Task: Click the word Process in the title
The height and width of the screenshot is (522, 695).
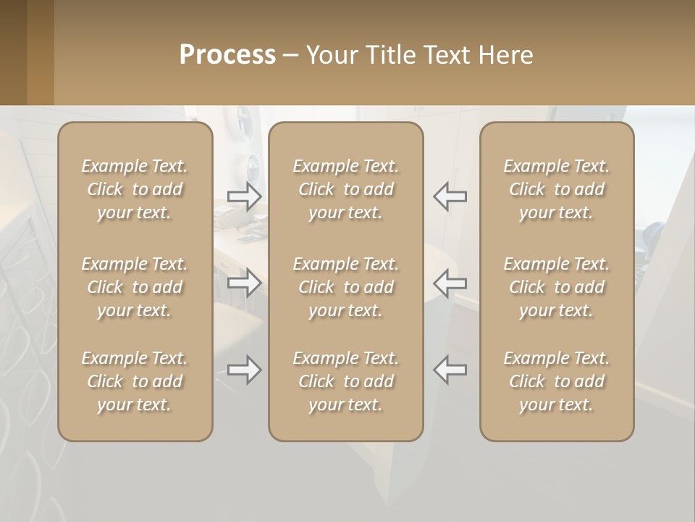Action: [227, 55]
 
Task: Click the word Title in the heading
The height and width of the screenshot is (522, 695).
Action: [391, 55]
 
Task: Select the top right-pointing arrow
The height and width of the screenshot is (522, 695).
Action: [244, 196]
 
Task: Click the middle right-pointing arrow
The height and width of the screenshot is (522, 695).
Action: [244, 282]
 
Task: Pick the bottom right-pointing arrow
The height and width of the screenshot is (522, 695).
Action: [244, 370]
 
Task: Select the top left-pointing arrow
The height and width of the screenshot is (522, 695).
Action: [450, 196]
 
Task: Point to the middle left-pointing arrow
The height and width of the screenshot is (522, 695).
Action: [450, 282]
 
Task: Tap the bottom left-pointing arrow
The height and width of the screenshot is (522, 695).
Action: [450, 370]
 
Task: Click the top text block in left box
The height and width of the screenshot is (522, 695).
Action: [135, 189]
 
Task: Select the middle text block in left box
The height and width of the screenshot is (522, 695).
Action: [135, 287]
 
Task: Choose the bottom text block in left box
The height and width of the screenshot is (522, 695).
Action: [135, 381]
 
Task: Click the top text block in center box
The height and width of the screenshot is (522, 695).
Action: [345, 189]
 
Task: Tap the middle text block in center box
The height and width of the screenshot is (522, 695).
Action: [345, 287]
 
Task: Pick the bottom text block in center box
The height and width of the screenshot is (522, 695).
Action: [345, 381]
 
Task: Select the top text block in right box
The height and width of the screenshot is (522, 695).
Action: [556, 189]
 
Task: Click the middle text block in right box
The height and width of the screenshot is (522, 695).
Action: [556, 287]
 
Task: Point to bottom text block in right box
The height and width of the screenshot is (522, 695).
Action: [556, 381]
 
